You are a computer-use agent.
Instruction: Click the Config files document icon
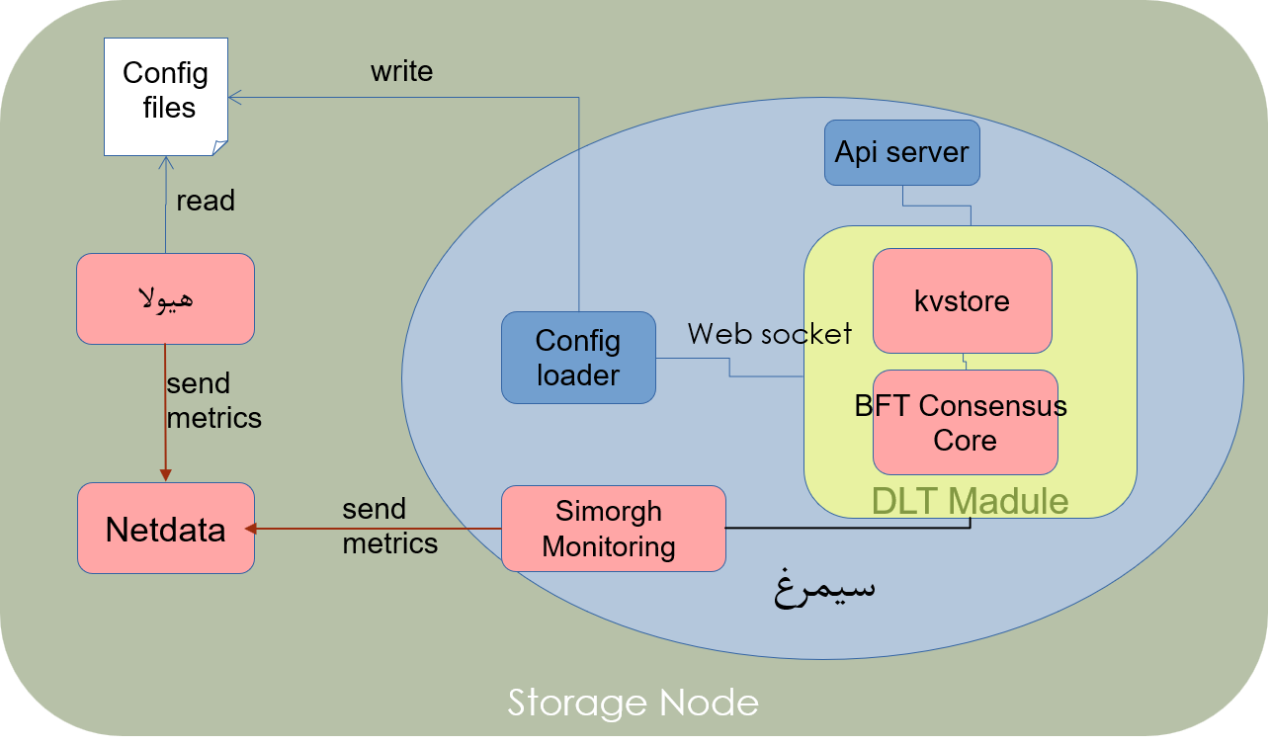(166, 95)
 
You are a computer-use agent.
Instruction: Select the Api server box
(902, 153)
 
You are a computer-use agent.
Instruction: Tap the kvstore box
(962, 300)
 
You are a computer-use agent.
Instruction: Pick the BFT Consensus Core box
(965, 422)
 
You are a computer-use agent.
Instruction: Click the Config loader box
(578, 358)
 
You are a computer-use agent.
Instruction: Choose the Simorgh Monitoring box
(613, 528)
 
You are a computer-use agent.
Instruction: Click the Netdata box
(165, 528)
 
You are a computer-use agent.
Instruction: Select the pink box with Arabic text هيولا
(165, 298)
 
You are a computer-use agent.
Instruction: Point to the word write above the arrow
(401, 71)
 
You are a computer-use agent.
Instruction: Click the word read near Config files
(206, 201)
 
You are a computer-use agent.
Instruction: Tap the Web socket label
(769, 333)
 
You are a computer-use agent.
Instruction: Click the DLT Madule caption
(970, 500)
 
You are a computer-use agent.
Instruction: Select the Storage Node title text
(634, 703)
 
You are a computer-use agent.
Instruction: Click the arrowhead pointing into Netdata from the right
(250, 529)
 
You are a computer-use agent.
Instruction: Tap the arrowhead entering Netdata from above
(166, 476)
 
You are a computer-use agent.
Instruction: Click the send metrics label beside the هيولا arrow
(213, 400)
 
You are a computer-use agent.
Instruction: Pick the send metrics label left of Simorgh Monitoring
(389, 526)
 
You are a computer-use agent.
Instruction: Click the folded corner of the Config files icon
(219, 147)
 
